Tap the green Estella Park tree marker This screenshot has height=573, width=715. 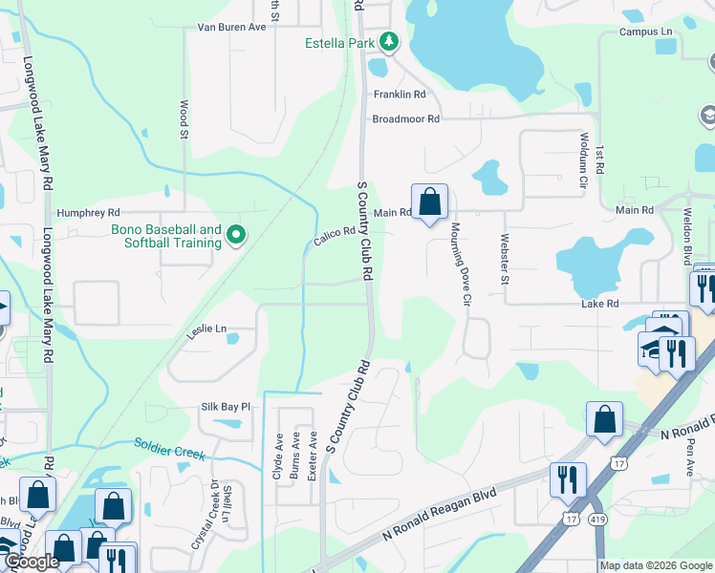point(388,41)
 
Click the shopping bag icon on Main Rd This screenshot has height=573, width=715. point(429,202)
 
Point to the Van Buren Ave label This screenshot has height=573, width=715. point(231,28)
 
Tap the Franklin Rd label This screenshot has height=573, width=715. point(400,95)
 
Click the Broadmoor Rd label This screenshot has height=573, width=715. point(405,119)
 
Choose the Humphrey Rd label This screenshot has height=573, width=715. point(88,213)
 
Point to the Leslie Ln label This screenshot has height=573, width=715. point(207,329)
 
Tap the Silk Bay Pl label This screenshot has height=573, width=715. point(225,407)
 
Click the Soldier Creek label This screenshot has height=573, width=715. point(170,449)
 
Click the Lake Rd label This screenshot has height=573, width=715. point(600,304)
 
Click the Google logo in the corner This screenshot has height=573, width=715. point(31,562)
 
